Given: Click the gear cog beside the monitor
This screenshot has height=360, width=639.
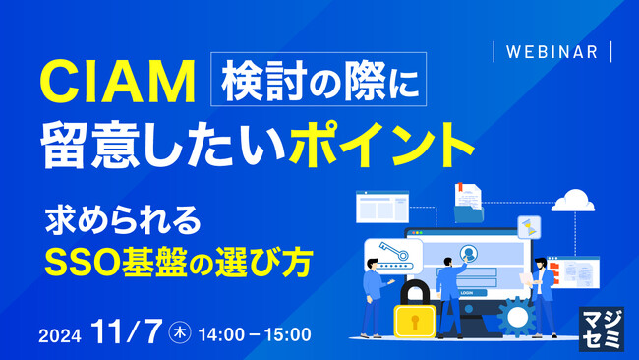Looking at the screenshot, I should [x=514, y=316].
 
